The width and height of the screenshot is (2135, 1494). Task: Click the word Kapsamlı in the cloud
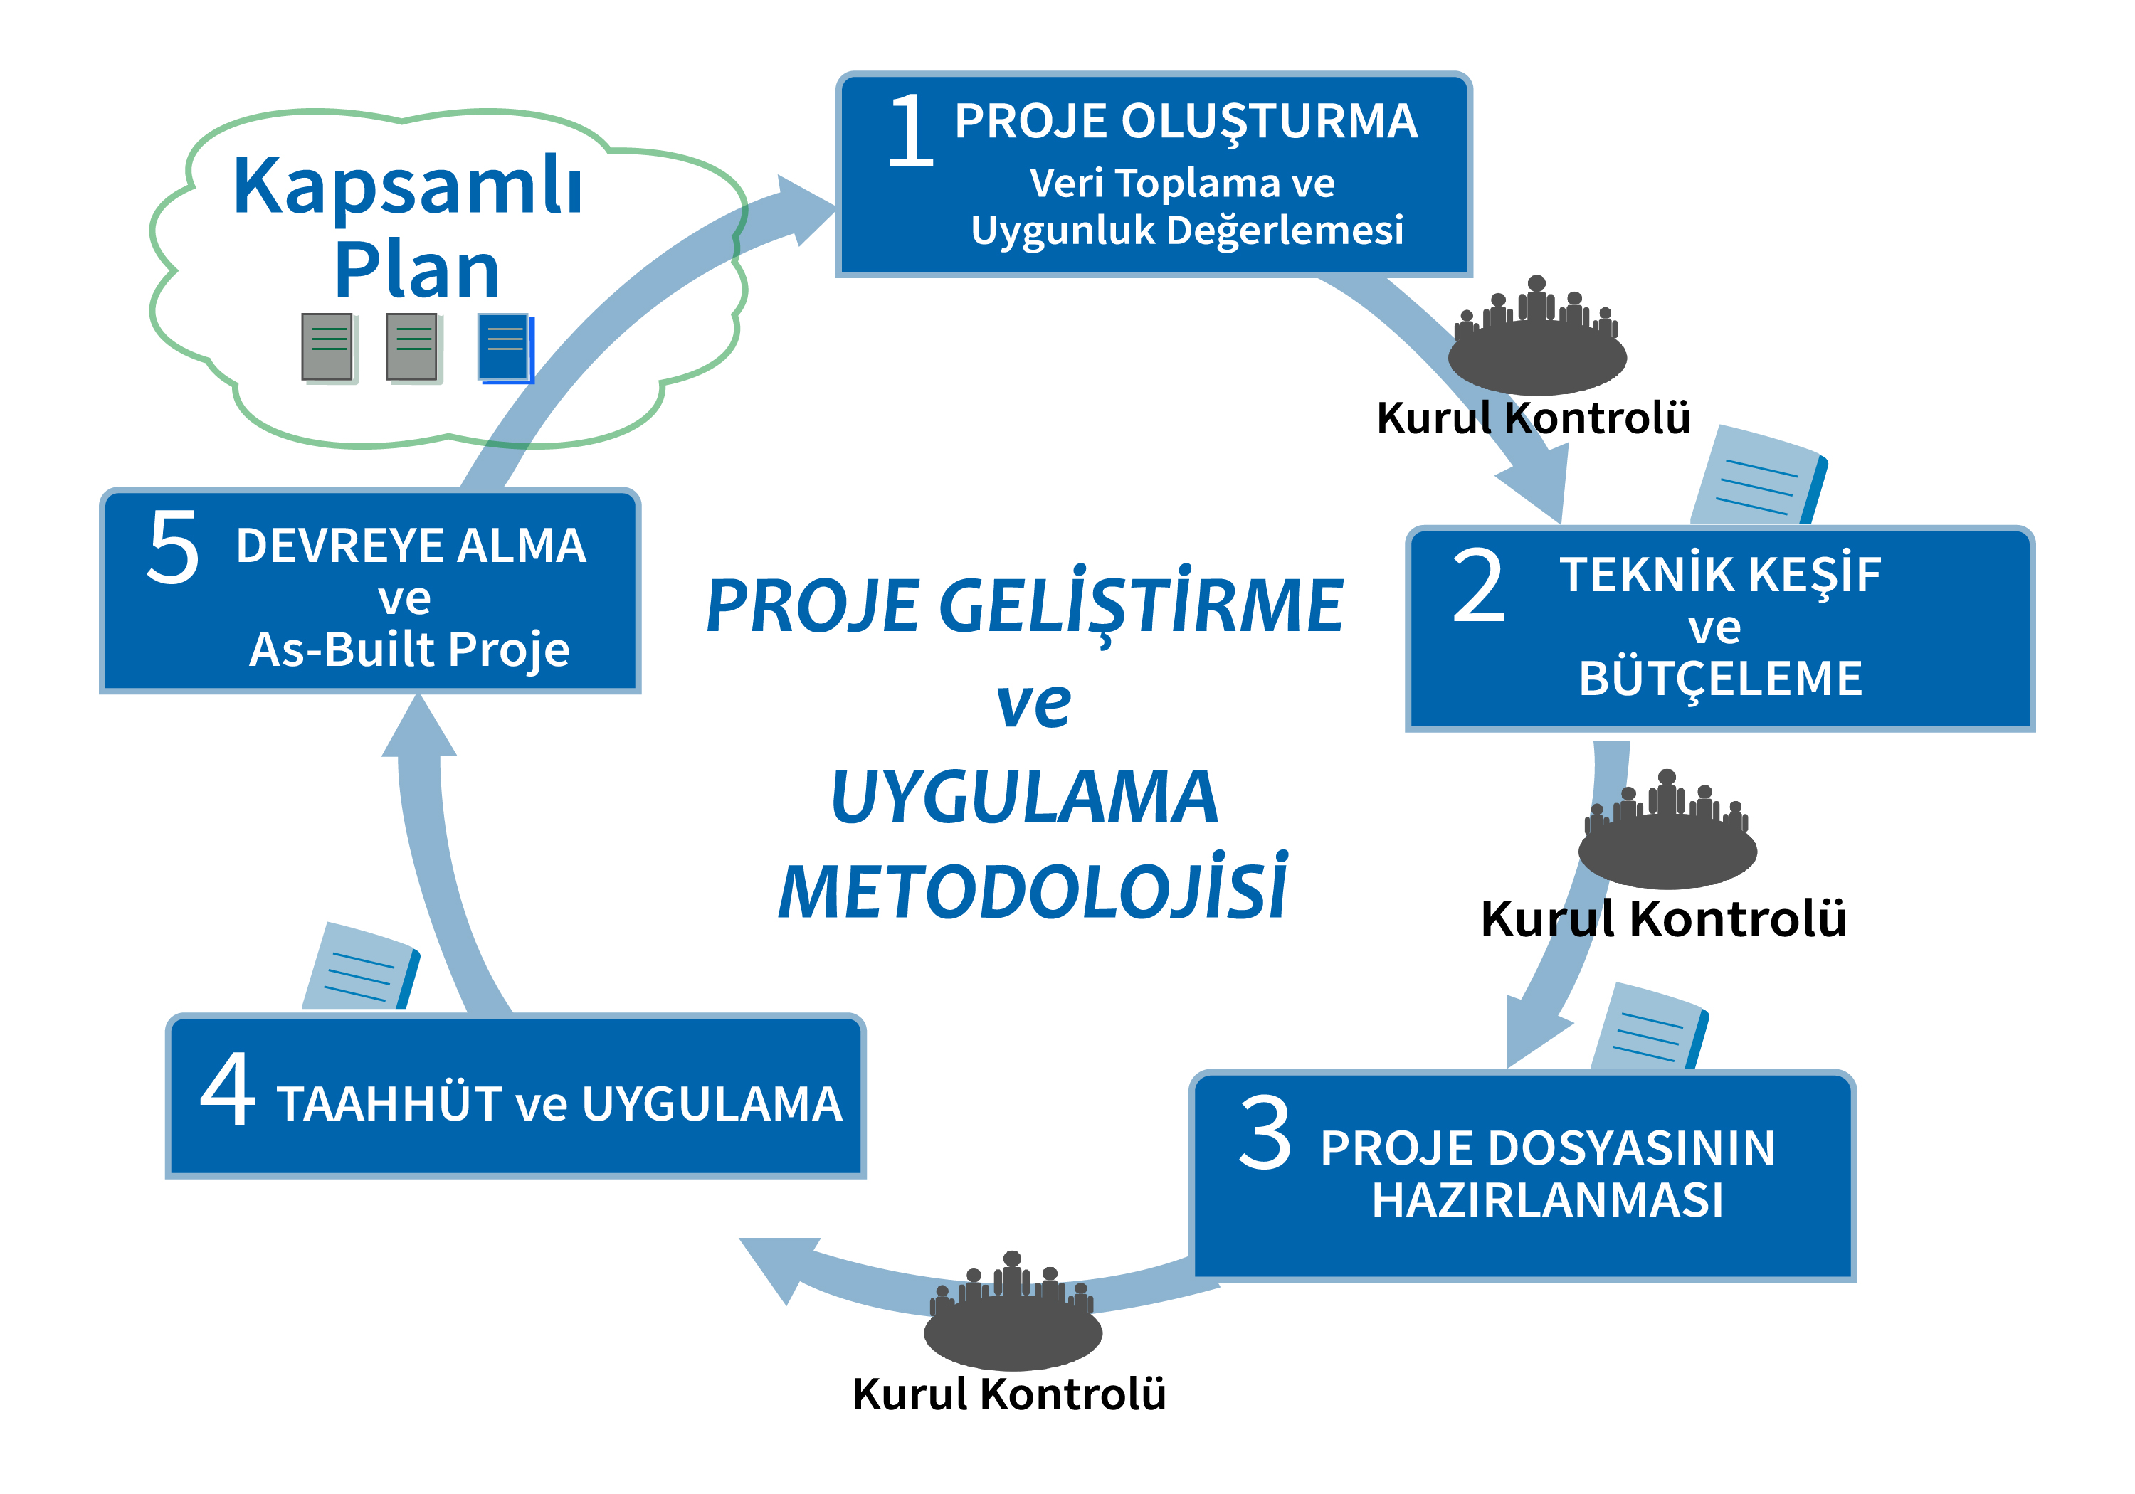(x=407, y=186)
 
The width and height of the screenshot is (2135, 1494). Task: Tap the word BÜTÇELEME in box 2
(x=1720, y=679)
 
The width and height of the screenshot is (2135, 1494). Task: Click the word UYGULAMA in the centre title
(x=1025, y=798)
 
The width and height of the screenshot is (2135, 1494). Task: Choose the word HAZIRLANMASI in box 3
(x=1549, y=1199)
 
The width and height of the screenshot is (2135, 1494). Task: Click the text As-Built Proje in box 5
(x=409, y=649)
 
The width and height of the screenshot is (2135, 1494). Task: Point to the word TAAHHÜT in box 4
(x=389, y=1103)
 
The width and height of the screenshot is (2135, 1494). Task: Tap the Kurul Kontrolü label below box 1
(x=1534, y=418)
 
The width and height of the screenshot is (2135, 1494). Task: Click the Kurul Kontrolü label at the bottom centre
(x=1009, y=1394)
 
